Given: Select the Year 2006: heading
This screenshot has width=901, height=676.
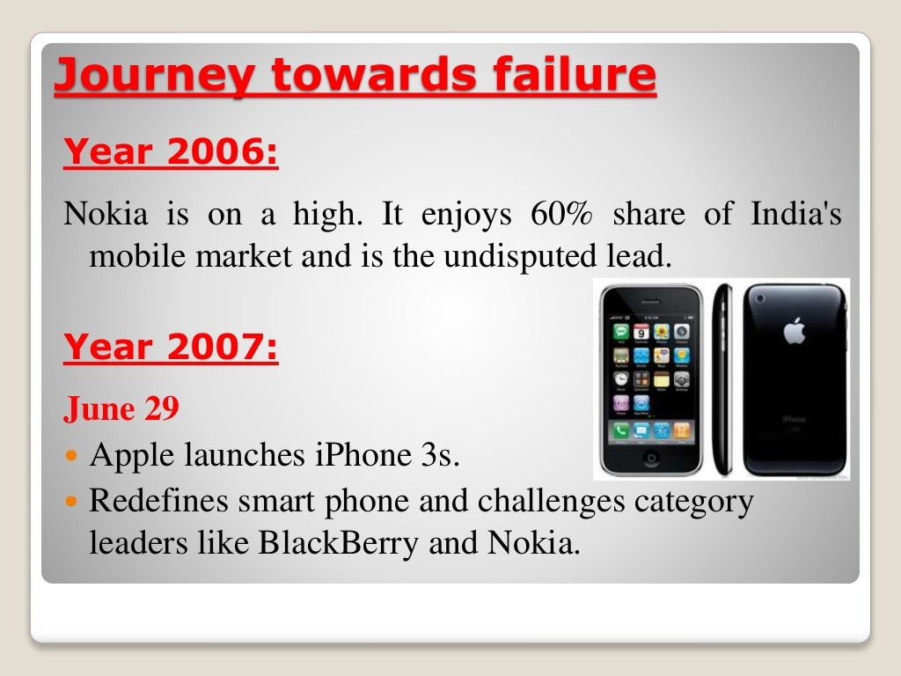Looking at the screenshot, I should click(x=171, y=153).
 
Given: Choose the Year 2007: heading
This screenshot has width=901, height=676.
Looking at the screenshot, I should click(x=171, y=348).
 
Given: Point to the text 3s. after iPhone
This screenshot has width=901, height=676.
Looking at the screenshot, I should click(x=436, y=456).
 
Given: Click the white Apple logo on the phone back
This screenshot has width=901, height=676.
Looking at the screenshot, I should click(x=795, y=331).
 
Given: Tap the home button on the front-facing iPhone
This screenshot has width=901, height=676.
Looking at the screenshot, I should click(x=651, y=458).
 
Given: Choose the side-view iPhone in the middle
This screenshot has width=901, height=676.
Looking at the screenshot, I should click(x=722, y=378).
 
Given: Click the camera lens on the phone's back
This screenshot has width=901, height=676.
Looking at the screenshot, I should click(x=759, y=299).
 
